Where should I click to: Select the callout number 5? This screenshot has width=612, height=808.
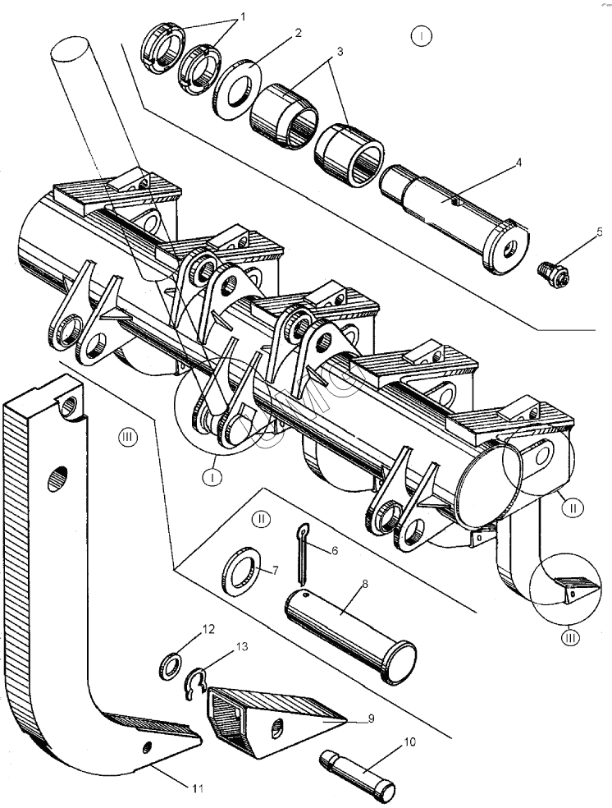click(599, 232)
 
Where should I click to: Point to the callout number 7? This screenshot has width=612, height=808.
click(275, 570)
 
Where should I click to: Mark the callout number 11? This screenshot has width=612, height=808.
click(196, 789)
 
